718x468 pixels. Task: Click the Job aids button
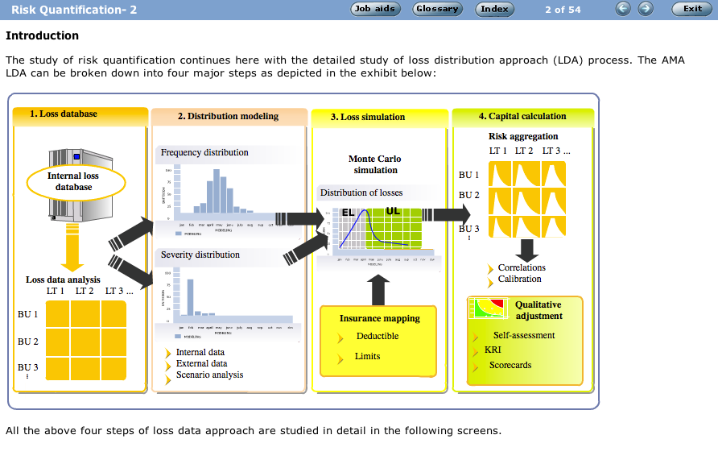374,9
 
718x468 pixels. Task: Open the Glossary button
437,9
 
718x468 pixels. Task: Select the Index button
495,9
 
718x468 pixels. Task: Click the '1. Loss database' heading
64,114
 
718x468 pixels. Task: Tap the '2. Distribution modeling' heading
228,116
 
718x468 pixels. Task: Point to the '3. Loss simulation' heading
368,117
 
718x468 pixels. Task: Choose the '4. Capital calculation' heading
522,116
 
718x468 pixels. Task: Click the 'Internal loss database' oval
74,181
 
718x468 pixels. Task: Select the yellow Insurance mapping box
378,341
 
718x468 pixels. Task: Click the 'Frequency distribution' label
204,152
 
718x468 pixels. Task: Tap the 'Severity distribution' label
200,255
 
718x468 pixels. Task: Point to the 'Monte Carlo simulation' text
375,164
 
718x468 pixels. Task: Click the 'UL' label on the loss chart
393,211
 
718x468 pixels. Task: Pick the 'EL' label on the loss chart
348,213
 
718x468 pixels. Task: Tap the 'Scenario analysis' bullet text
209,375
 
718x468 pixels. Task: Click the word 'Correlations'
522,267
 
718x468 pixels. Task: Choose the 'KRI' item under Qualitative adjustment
493,350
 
